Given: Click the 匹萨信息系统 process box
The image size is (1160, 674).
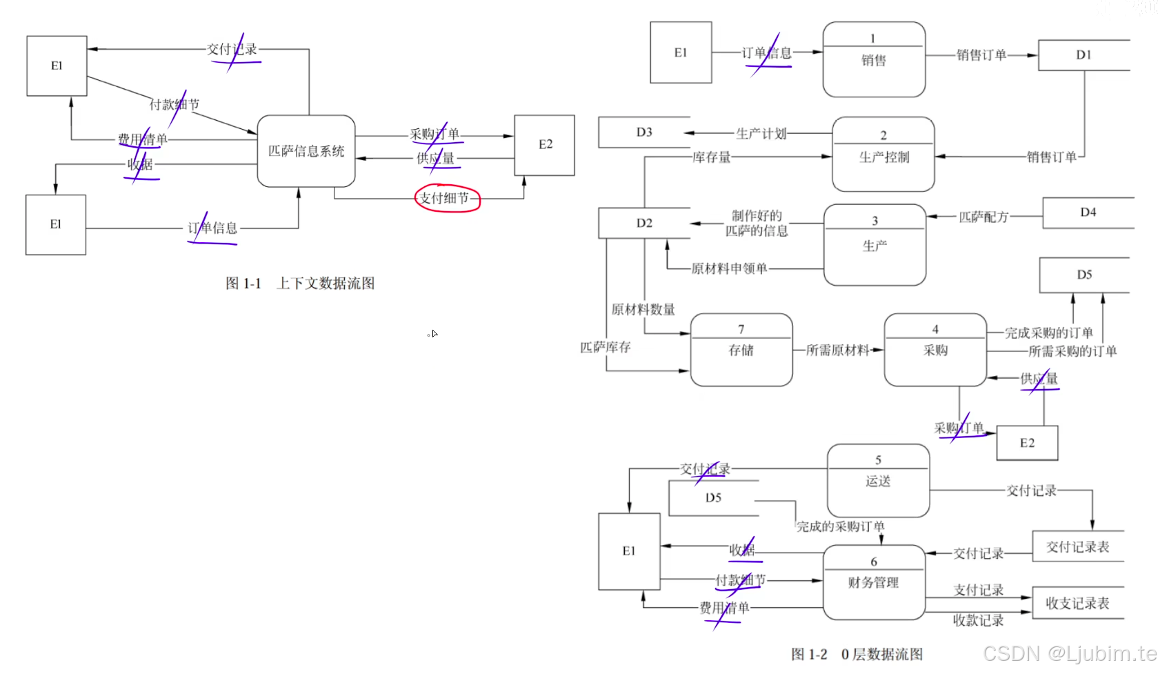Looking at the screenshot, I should [x=306, y=151].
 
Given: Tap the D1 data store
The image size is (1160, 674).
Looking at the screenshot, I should [x=1083, y=55].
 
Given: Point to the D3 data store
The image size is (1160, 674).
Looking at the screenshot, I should [x=643, y=132].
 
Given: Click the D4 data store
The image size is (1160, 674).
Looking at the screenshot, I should [x=1088, y=212].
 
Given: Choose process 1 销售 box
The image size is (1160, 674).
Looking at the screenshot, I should [x=874, y=59].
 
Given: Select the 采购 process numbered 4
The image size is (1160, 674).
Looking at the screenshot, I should [x=935, y=349].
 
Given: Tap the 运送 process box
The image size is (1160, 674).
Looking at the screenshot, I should [x=878, y=480].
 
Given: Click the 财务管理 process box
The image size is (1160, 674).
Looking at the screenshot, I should [x=873, y=582].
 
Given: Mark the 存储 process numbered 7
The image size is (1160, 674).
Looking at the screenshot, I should [x=741, y=349].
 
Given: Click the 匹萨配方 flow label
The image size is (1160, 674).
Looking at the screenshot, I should [x=983, y=217].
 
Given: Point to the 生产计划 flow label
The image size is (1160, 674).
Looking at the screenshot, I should [x=761, y=133].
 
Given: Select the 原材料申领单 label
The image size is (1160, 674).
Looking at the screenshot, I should [x=729, y=268].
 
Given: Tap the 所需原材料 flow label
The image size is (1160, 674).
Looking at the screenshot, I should [x=837, y=350].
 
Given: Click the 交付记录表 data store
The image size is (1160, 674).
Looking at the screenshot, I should [x=1077, y=547].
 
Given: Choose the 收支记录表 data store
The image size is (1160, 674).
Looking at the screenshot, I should [x=1077, y=603].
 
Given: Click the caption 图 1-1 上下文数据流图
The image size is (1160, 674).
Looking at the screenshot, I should [x=300, y=284].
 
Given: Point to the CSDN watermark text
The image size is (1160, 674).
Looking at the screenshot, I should [x=1070, y=653].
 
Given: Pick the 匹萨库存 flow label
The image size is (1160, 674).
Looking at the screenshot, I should [x=605, y=347].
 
